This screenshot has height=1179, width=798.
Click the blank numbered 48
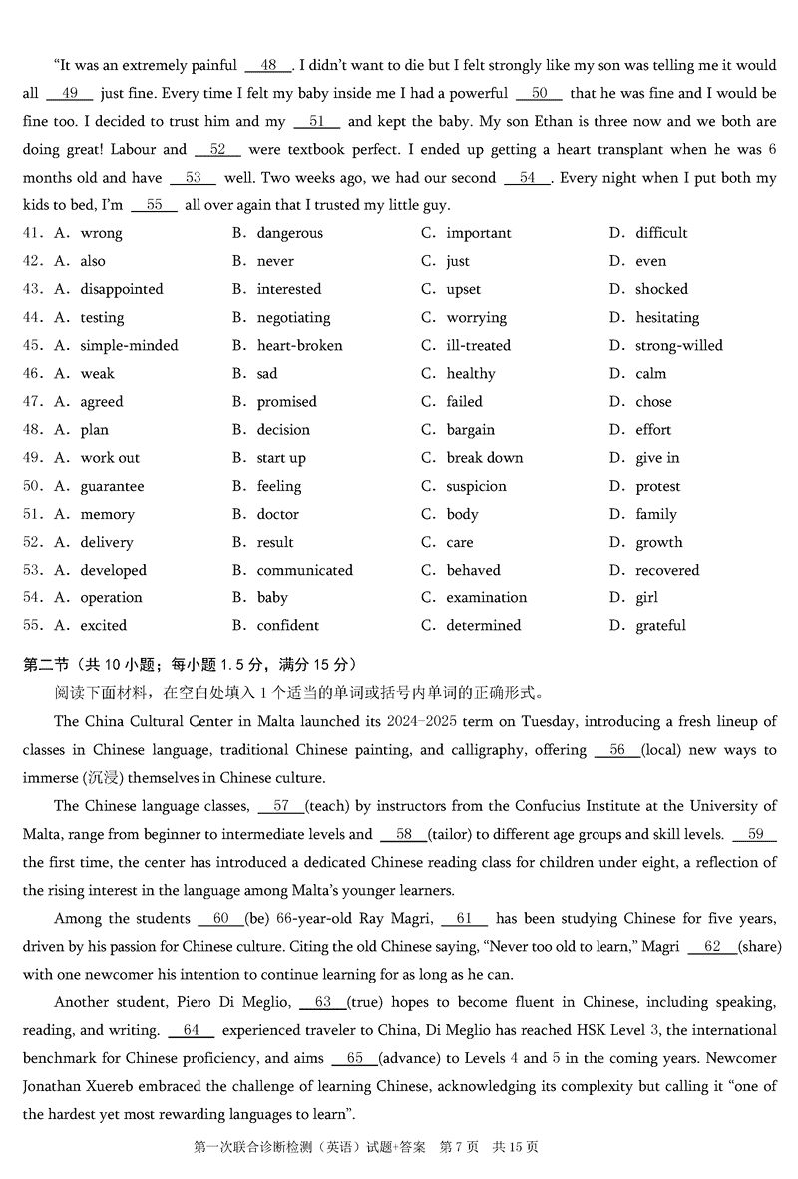coord(268,66)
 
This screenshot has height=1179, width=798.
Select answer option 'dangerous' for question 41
coord(289,233)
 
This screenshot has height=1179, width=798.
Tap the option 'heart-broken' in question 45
coord(299,345)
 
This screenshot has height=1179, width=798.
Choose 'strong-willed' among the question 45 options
coord(678,345)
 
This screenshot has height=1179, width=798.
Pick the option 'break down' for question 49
coord(484,458)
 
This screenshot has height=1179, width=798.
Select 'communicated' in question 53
coord(304,570)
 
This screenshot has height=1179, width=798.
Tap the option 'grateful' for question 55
coord(660,625)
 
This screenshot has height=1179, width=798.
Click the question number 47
coord(33,402)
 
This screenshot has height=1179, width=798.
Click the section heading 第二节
coord(47,665)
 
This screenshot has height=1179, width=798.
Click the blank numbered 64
coord(192,1030)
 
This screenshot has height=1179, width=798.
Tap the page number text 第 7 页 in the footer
coord(459,1147)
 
